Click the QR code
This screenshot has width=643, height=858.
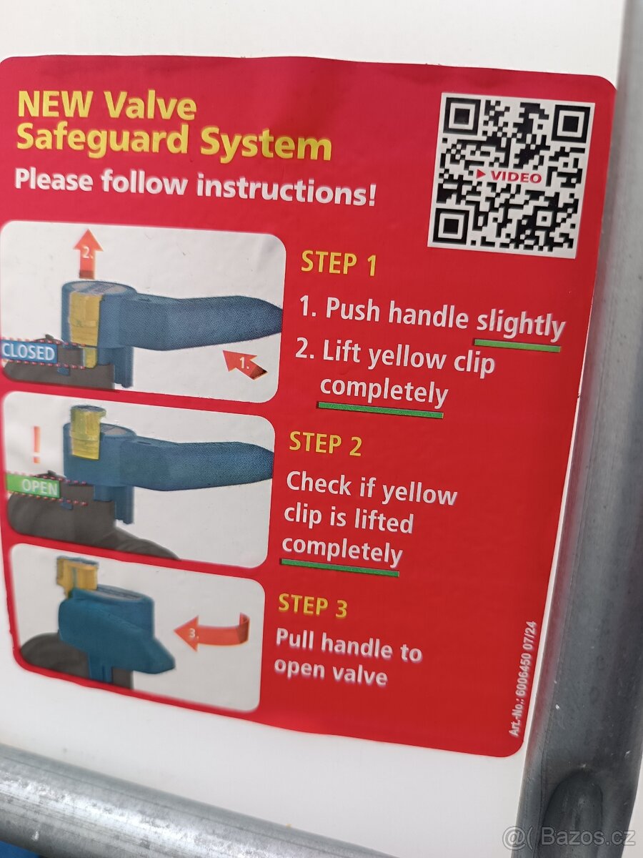(512, 174)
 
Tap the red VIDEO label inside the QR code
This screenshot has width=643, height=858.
(512, 177)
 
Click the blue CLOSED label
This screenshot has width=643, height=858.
(28, 352)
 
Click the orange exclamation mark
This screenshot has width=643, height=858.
(36, 444)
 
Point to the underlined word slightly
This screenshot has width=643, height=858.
(520, 323)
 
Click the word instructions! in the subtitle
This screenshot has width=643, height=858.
(286, 190)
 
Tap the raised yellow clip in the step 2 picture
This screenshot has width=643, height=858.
(85, 430)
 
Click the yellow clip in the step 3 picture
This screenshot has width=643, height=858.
(74, 574)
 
